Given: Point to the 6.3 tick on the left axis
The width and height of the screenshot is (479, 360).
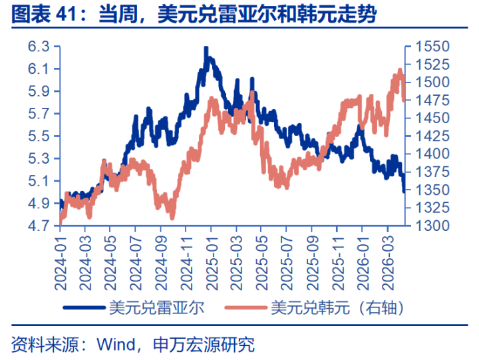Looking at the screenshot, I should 39,47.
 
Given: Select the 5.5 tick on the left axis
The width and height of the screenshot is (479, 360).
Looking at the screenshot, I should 39,136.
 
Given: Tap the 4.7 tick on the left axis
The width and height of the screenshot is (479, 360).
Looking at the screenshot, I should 39,226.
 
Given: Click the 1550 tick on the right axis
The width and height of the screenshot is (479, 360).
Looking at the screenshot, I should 432,47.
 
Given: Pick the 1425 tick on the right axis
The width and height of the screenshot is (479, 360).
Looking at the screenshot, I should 432,136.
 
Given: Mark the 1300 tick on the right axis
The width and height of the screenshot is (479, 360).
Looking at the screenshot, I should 432,226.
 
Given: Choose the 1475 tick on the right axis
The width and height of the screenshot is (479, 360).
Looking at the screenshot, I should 432,100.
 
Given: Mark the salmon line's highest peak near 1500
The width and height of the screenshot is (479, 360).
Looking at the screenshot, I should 400,71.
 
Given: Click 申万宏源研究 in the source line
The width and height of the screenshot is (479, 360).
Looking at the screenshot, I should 204,345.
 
